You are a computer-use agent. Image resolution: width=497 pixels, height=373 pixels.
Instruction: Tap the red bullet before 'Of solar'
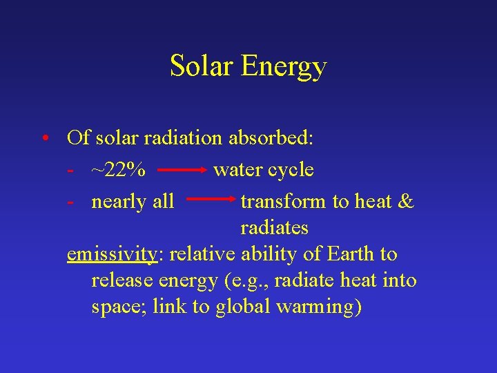43,138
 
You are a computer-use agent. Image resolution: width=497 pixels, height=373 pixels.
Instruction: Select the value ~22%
118,170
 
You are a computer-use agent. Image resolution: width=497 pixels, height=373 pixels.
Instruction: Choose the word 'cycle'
291,170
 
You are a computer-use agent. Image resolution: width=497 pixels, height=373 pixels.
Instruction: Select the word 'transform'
284,202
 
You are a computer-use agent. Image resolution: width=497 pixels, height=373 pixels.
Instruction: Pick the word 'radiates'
275,228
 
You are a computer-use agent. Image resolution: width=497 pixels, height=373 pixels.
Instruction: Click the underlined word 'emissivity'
112,254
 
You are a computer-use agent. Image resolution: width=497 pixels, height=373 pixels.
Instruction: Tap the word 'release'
121,280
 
